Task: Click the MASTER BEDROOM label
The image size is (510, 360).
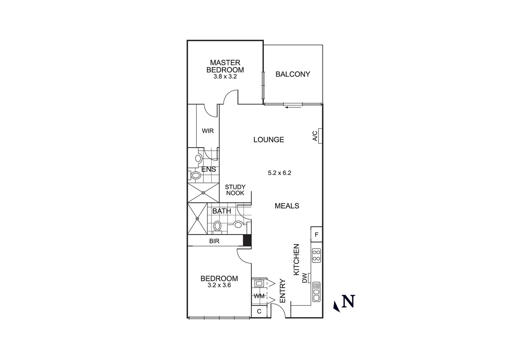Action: pos(225,66)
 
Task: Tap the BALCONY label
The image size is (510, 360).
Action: pos(293,74)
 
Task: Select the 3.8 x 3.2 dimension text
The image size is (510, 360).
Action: pos(225,76)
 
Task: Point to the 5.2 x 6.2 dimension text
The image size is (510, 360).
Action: pos(280,173)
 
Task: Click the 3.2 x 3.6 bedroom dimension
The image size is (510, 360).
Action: pos(219,285)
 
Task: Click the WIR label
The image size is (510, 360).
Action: pos(207,131)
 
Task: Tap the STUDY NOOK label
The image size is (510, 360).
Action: pos(235,190)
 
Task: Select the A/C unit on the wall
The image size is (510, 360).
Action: pos(320,136)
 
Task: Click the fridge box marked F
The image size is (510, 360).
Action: pos(317,235)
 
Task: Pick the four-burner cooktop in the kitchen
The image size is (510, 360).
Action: pos(316,255)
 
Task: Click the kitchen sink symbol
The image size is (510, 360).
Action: pos(316,292)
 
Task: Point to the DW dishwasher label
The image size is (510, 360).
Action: pos(305,278)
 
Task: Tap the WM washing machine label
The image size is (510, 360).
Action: pos(259,296)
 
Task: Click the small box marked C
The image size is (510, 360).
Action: pos(259,312)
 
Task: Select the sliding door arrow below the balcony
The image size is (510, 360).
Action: pos(293,107)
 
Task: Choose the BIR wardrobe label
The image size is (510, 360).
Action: pos(214,241)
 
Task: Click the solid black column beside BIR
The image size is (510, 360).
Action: pos(247,241)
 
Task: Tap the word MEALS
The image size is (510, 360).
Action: pos(287,206)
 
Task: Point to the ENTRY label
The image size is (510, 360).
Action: pos(282,291)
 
